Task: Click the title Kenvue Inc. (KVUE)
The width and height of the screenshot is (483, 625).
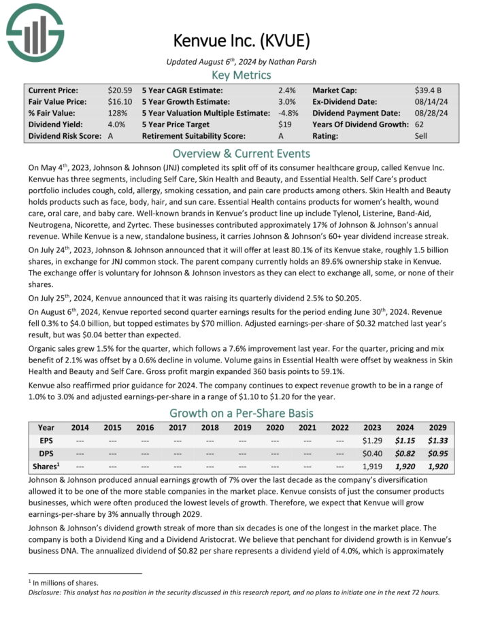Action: [242, 40]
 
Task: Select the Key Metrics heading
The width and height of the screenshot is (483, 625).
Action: [241, 75]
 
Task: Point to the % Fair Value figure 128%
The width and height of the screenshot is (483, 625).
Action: [118, 113]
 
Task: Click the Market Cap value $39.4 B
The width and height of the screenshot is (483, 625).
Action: [430, 90]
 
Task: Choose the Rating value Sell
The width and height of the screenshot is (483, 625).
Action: [422, 136]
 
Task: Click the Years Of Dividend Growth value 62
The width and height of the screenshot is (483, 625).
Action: [420, 124]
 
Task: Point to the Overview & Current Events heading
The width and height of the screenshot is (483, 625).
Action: [241, 153]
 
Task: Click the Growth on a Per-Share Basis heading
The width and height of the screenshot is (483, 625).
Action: [241, 413]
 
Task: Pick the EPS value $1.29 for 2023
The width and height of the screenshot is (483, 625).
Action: [372, 440]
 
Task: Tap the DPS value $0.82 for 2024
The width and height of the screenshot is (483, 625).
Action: [405, 453]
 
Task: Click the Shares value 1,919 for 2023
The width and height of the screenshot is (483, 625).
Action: [373, 466]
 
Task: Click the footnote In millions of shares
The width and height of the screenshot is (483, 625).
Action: [63, 583]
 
